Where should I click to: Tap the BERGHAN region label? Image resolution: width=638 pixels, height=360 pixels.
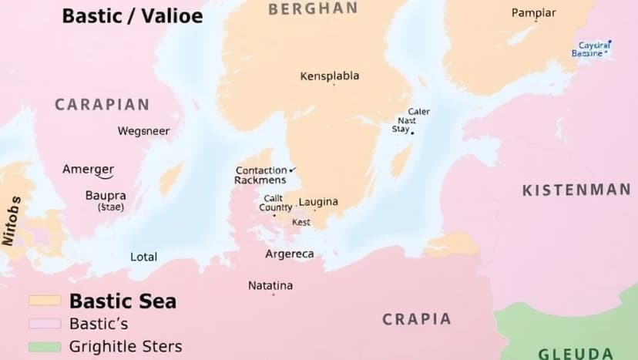tap(313, 8)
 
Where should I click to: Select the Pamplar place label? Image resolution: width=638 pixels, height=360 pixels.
tap(533, 13)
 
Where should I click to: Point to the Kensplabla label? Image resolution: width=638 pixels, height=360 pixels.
tap(329, 76)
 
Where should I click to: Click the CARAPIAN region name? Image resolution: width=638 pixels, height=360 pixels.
tap(102, 105)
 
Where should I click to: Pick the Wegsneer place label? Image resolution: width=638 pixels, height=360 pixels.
tap(143, 131)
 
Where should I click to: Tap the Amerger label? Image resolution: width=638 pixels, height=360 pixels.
tap(88, 170)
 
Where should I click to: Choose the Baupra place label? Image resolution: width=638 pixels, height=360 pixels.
tap(106, 196)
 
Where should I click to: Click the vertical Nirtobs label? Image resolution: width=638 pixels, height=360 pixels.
tap(10, 220)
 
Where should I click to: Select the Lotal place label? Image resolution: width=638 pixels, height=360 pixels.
tap(143, 257)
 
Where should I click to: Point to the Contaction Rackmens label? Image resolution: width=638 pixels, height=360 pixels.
tap(260, 175)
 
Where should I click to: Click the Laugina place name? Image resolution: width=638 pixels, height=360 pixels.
tap(318, 202)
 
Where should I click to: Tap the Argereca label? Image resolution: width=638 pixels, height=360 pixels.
tap(289, 254)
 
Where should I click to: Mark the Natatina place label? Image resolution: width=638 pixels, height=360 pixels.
tap(270, 286)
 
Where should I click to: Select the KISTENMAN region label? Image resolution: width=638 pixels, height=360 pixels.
tap(576, 190)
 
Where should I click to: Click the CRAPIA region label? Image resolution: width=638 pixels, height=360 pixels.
tap(416, 319)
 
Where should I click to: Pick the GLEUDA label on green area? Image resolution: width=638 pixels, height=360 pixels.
tap(575, 354)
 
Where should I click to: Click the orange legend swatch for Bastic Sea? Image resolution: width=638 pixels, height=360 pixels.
tap(44, 301)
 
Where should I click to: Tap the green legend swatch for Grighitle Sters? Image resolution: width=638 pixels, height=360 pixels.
tap(44, 347)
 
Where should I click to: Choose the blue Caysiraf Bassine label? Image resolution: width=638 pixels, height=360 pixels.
tap(593, 49)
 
